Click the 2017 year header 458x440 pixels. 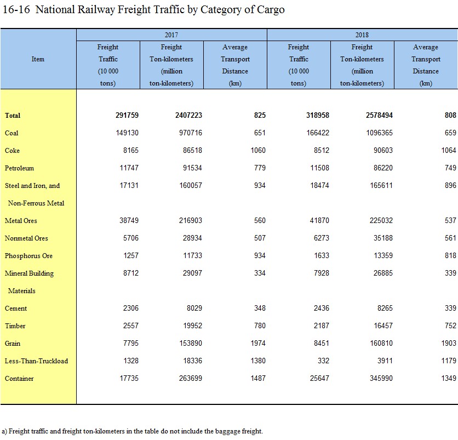pyautogui.click(x=171, y=35)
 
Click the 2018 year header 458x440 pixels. pyautogui.click(x=362, y=35)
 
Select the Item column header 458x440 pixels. pyautogui.click(x=38, y=59)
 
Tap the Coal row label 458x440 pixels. pyautogui.click(x=12, y=133)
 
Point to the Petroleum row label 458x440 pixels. pyautogui.click(x=19, y=168)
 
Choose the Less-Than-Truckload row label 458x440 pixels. pyautogui.click(x=37, y=361)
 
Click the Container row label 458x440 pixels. pyautogui.click(x=19, y=378)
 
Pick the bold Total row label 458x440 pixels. pyautogui.click(x=13, y=116)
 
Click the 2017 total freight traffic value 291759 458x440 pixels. pyautogui.click(x=127, y=115)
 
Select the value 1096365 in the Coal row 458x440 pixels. pyautogui.click(x=380, y=133)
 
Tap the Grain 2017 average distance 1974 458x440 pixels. pyautogui.click(x=258, y=343)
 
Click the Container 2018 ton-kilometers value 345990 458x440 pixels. pyautogui.click(x=381, y=378)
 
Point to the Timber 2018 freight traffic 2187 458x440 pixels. pyautogui.click(x=321, y=325)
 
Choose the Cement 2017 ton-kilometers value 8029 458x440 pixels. pyautogui.click(x=194, y=308)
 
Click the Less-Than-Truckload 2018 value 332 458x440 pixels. pyautogui.click(x=323, y=361)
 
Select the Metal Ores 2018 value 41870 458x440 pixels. pyautogui.click(x=319, y=220)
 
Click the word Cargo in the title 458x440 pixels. pyautogui.click(x=271, y=10)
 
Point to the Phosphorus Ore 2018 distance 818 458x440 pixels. pyautogui.click(x=450, y=255)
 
